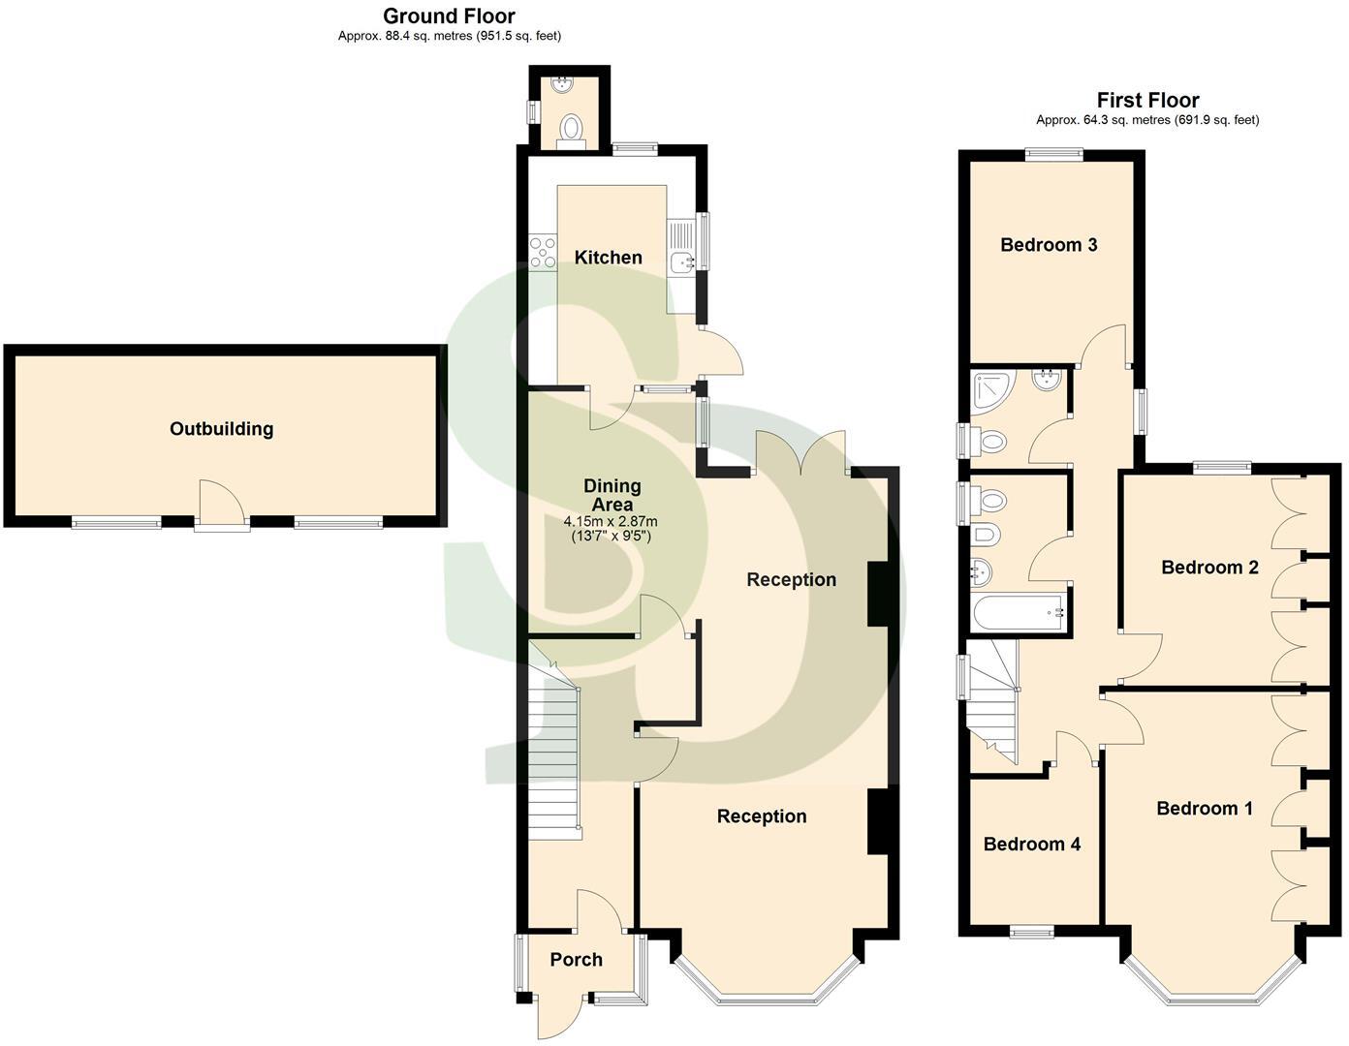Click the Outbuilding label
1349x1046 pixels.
tap(221, 429)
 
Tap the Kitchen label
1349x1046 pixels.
tap(609, 258)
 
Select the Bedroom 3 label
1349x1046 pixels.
tap(1049, 245)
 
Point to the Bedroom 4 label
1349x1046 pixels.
tap(1031, 845)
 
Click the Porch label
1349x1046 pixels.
tap(576, 960)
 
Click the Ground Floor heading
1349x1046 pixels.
tap(449, 15)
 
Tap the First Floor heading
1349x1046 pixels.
tap(1147, 100)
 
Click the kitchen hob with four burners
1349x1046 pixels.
tap(542, 252)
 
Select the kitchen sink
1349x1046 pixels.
tap(681, 259)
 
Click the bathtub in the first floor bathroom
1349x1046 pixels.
tap(1019, 613)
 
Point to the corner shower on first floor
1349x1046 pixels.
tap(991, 388)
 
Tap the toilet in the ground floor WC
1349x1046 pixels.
tap(572, 128)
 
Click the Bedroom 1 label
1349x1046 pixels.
tap(1204, 809)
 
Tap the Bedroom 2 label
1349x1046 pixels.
tap(1209, 568)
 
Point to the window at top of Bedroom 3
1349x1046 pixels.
tap(1055, 151)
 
